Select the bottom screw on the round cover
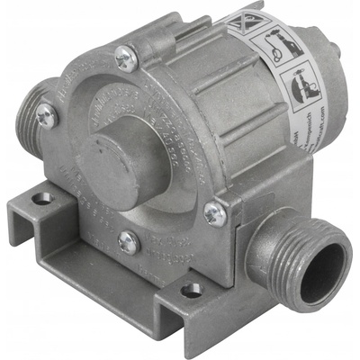(128, 242)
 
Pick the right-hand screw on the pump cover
(213, 213)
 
